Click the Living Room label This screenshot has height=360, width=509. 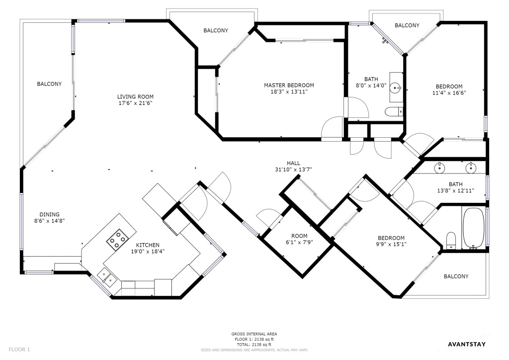click(135, 97)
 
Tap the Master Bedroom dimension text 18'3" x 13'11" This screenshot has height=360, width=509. click(289, 92)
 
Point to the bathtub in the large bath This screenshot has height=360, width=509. click(473, 228)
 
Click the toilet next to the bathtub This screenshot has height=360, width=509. click(451, 240)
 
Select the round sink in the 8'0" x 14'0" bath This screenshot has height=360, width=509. click(395, 88)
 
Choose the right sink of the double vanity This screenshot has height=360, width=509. click(470, 168)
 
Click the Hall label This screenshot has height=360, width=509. click(293, 163)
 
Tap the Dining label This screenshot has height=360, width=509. click(49, 215)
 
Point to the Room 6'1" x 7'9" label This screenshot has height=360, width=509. click(299, 239)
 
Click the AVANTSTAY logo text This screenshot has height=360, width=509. click(467, 345)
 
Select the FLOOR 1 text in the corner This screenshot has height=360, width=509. click(19, 350)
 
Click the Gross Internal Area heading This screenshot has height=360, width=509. click(254, 334)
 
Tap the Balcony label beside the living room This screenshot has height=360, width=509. click(49, 84)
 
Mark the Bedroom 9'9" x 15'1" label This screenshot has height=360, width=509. click(391, 241)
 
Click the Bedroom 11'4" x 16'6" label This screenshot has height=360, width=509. click(449, 90)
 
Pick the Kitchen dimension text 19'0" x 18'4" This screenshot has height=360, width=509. click(148, 251)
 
